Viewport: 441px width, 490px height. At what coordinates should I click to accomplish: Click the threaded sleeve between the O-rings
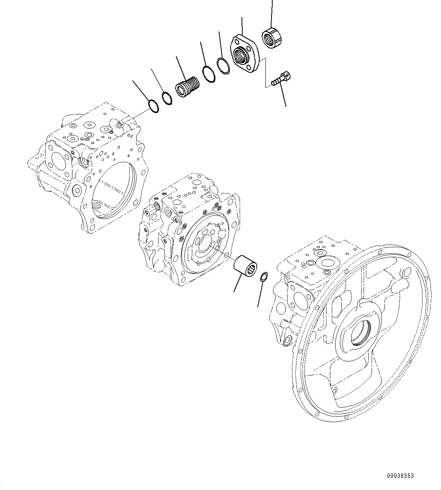coord(187,88)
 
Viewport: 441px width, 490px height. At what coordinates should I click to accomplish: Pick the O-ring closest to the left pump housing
coord(153,107)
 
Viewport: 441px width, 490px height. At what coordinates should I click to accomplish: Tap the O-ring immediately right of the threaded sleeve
coord(209,74)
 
